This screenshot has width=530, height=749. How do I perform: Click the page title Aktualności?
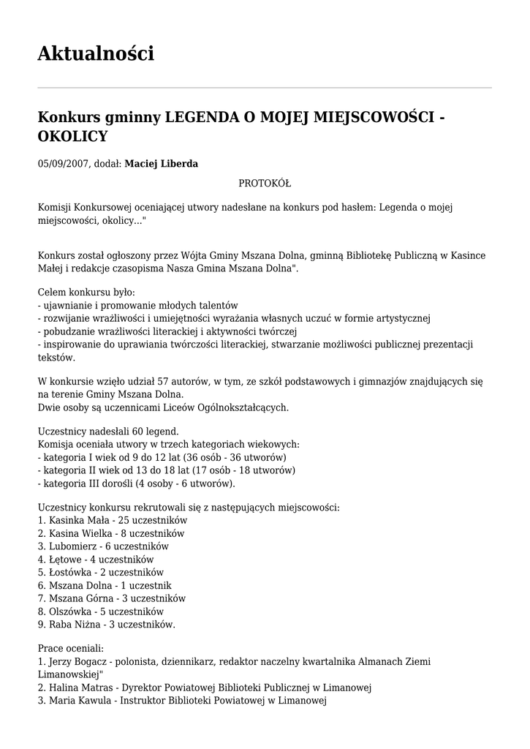click(x=96, y=53)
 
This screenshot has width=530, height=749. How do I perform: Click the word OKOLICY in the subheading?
click(x=72, y=136)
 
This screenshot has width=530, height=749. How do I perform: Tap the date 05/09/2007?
click(x=63, y=164)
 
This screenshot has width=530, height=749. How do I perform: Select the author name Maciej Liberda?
click(x=161, y=164)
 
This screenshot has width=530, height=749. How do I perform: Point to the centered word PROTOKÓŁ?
click(x=265, y=183)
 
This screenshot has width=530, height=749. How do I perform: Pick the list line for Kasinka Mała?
click(x=113, y=520)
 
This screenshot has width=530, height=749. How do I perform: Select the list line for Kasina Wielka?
click(x=110, y=534)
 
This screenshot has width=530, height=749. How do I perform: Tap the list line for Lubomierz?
click(x=103, y=546)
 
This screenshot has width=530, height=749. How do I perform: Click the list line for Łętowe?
click(x=96, y=560)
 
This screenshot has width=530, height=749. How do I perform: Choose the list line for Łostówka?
click(x=101, y=573)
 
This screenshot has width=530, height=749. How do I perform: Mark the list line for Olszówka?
click(x=101, y=611)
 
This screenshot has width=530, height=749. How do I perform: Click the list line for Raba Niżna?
click(x=107, y=625)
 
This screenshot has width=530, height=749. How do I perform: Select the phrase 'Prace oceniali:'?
click(x=71, y=648)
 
